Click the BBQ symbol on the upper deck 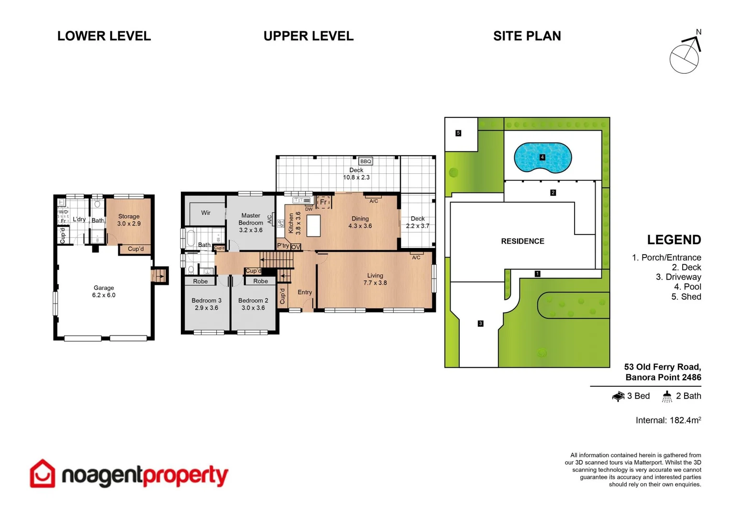click(365, 161)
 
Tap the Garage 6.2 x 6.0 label click(104, 292)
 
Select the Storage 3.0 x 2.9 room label click(129, 220)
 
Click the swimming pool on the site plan click(543, 157)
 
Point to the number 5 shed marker click(458, 133)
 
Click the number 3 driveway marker click(480, 324)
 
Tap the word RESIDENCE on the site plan click(522, 241)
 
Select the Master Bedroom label click(251, 223)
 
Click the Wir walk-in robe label click(206, 213)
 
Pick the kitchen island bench click(313, 226)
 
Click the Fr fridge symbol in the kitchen click(323, 202)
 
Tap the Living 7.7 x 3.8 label click(375, 279)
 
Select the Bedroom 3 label click(206, 304)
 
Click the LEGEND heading click(674, 240)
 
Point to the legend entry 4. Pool click(687, 287)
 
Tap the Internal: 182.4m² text click(668, 420)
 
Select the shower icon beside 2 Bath click(667, 396)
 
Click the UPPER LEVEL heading click(309, 36)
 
